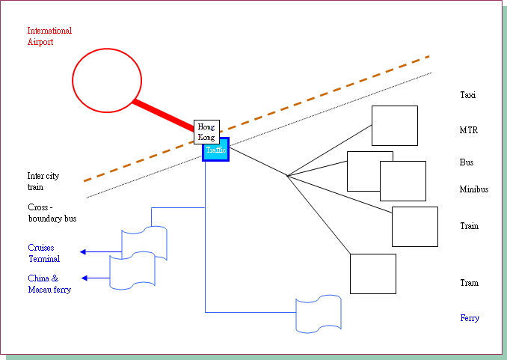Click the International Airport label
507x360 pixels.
(x=49, y=36)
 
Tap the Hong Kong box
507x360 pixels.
(x=206, y=132)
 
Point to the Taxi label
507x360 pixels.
(x=467, y=95)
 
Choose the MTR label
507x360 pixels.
(x=469, y=130)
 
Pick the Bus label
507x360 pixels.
(x=467, y=162)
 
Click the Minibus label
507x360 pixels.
(x=474, y=189)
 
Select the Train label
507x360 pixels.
(x=469, y=225)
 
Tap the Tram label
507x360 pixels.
(x=469, y=283)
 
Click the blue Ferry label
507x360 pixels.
(x=470, y=318)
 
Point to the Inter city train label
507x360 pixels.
(x=43, y=181)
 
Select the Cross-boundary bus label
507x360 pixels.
(x=52, y=213)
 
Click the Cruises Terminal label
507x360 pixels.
(x=44, y=253)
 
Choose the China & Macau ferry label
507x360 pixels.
(x=49, y=284)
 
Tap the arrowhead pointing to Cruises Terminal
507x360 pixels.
(x=83, y=251)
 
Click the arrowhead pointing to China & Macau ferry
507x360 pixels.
(x=84, y=278)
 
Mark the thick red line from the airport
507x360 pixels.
(x=164, y=115)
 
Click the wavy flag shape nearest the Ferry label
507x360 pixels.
(x=319, y=314)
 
